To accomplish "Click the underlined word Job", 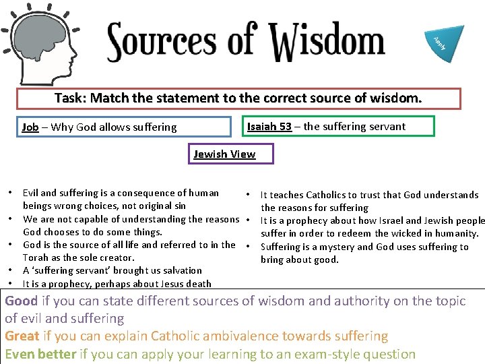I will [x=30, y=127].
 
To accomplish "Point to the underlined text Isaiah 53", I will [x=269, y=126].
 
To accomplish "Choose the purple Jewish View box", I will [x=224, y=154].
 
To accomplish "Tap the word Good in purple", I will [x=22, y=301].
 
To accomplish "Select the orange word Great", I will [x=22, y=336].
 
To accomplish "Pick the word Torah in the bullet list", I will [x=36, y=257].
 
